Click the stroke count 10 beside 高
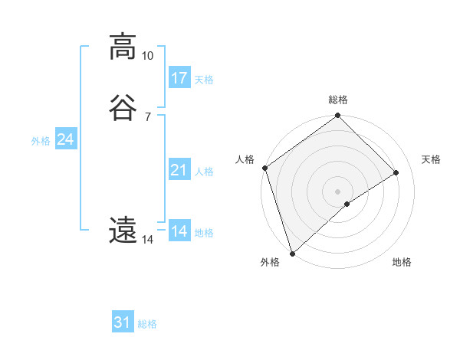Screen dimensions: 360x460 point(147,56)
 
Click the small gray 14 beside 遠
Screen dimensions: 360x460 point(147,240)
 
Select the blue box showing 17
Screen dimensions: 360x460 point(179,78)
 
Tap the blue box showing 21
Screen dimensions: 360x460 point(179,170)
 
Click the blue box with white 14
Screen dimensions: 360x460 point(179,231)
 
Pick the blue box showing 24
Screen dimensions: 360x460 point(66,139)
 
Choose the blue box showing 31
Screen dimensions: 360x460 point(123,322)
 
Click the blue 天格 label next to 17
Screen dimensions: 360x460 point(204,80)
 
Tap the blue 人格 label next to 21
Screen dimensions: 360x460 point(204,172)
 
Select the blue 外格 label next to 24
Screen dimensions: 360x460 point(41,141)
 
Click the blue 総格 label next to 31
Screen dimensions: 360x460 point(147,324)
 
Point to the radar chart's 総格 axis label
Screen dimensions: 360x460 point(338,100)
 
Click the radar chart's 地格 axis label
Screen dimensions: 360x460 point(402,262)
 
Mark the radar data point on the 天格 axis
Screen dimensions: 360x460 point(396,173)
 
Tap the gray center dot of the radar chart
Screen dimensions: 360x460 point(337,191)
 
